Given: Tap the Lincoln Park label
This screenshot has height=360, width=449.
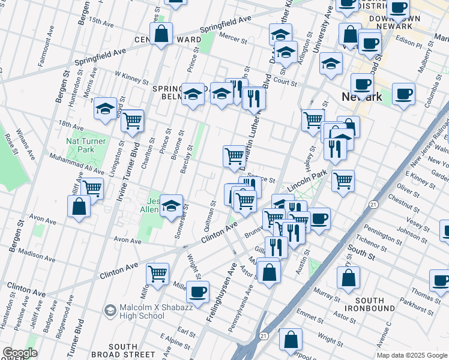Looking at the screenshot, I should click(306, 180).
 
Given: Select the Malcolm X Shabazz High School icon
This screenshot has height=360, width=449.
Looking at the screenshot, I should click(110, 310).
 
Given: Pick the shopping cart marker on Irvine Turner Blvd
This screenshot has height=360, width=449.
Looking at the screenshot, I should click(132, 121).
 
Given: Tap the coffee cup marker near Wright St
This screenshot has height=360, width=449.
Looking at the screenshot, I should click(197, 292).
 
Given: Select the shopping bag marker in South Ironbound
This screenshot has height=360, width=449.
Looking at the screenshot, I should click(348, 278).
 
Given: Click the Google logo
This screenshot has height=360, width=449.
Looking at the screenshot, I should click(20, 353).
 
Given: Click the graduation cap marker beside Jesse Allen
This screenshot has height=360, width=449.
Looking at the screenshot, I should click(172, 205).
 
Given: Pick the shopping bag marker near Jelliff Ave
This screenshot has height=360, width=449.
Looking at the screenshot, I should click(79, 207).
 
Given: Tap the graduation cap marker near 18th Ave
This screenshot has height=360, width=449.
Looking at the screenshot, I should click(106, 109).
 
